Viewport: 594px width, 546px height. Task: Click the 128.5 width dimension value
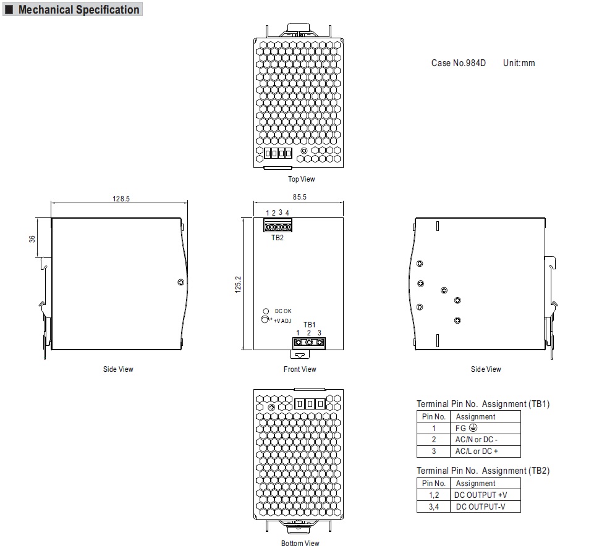(x=121, y=199)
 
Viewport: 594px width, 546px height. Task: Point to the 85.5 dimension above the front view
(x=299, y=197)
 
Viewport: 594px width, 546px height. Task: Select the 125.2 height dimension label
(x=238, y=284)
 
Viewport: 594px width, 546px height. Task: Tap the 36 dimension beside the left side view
(x=32, y=239)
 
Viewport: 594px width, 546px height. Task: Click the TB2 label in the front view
(x=278, y=238)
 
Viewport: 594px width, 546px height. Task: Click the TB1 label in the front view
(x=309, y=325)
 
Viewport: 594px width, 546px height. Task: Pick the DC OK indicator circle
(x=266, y=311)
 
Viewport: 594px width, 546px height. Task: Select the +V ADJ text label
(x=282, y=321)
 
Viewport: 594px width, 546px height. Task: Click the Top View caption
(x=301, y=179)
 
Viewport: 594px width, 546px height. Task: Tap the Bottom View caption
(x=300, y=543)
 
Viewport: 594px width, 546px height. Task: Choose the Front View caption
(x=300, y=369)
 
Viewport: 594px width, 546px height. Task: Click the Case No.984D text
(x=459, y=63)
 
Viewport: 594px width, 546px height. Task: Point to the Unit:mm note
(x=519, y=63)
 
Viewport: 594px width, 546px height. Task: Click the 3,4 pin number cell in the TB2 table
(x=434, y=506)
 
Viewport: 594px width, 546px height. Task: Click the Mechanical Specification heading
(x=78, y=9)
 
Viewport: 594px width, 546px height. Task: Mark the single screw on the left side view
(x=180, y=282)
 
